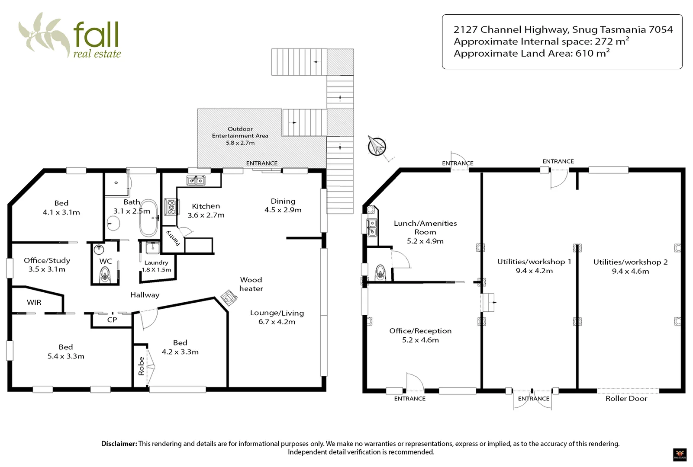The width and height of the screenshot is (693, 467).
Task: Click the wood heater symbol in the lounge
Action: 229,297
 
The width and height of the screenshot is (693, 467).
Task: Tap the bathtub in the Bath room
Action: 148,218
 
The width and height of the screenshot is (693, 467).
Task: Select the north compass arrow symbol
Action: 377,145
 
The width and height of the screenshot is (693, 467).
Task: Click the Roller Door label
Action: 626,399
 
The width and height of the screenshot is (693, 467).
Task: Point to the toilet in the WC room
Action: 105,275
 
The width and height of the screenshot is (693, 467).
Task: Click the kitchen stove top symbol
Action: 171,207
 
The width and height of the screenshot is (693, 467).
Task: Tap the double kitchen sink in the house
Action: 196,180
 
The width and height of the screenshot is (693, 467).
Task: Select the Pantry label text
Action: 173,238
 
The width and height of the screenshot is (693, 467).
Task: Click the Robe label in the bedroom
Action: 141,366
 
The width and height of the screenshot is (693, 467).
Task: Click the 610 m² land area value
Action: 592,53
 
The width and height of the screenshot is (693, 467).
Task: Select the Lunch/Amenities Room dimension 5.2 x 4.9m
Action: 425,241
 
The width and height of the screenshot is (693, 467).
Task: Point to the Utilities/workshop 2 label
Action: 630,262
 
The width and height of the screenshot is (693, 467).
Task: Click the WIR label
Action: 34,302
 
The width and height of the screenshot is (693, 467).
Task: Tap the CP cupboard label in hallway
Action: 112,320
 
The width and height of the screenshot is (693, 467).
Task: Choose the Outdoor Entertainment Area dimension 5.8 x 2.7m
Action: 240,143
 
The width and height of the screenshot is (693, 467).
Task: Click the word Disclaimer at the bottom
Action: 119,444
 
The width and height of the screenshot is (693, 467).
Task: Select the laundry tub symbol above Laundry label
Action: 152,248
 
